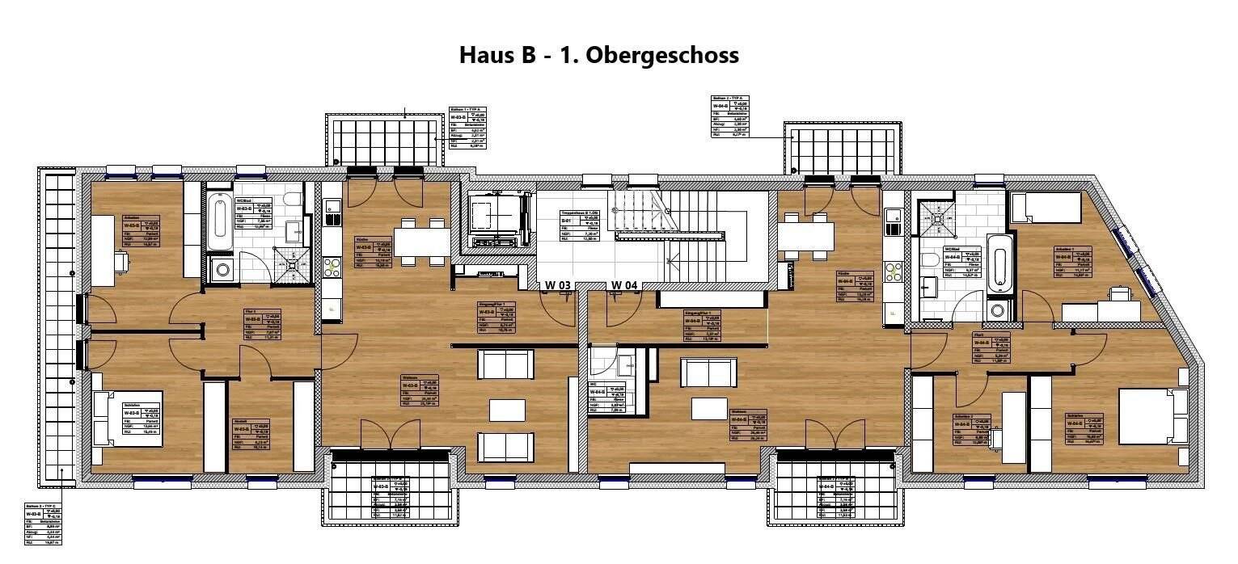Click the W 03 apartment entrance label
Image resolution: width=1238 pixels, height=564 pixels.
(558, 285)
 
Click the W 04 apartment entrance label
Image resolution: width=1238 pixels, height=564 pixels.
(624, 285)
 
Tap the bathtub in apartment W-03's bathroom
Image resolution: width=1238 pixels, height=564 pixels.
(218, 221)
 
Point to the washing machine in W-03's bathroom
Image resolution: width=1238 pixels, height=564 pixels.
(221, 270)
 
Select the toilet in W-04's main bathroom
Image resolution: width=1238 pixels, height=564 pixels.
(931, 260)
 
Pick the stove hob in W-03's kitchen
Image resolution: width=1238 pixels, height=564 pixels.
(332, 267)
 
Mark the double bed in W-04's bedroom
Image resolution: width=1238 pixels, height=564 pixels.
(1153, 416)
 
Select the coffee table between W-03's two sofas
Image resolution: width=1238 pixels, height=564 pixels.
(505, 410)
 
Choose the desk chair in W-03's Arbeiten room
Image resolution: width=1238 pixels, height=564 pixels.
(121, 261)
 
